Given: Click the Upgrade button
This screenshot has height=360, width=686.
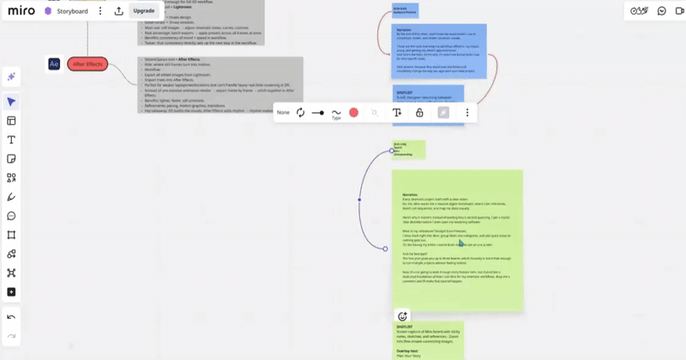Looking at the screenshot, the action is tap(143, 11).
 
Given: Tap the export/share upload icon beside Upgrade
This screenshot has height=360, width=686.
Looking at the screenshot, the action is tap(119, 11).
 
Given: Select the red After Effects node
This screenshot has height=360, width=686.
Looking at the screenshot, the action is tap(87, 64).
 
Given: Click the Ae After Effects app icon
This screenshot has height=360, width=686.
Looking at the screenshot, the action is tap(54, 64).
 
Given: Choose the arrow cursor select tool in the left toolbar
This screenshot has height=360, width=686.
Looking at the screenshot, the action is tap(12, 102).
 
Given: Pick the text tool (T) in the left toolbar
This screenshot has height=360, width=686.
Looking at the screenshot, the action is tap(12, 140).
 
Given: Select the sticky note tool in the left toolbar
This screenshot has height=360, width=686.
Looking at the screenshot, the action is tap(12, 159).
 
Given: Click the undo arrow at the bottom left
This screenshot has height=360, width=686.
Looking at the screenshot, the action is tap(12, 316).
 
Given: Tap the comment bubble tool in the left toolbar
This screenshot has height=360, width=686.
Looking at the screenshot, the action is tap(12, 216).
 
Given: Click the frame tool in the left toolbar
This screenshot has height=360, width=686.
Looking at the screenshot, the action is tap(12, 235).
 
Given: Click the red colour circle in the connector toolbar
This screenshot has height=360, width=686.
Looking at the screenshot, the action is tap(353, 112).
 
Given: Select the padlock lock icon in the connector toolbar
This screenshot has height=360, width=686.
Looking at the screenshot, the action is tap(419, 112).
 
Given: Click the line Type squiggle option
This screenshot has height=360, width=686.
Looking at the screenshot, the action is tap(336, 112).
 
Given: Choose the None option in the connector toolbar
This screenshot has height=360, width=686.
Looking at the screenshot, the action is tap(284, 112).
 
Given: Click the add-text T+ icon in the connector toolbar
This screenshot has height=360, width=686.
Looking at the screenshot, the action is tap(397, 112).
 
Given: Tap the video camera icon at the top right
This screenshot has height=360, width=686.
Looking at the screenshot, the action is tap(662, 11).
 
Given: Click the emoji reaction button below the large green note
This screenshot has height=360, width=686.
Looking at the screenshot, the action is tap(402, 316).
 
